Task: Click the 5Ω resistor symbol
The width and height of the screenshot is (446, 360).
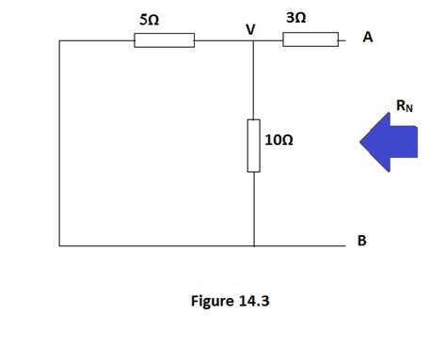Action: click(165, 40)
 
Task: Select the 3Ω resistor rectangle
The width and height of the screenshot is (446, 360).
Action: click(310, 39)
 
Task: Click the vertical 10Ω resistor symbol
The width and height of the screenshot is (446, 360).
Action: click(254, 146)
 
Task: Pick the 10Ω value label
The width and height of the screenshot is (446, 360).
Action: click(280, 140)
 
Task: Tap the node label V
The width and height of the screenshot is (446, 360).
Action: click(250, 29)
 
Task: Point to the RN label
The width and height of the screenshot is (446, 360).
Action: click(405, 106)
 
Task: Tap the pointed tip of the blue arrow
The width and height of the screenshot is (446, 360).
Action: click(359, 141)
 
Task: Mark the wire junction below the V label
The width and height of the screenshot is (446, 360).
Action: click(254, 40)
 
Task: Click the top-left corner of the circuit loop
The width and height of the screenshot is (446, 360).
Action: click(59, 40)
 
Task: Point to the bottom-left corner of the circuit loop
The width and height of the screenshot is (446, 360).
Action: click(59, 245)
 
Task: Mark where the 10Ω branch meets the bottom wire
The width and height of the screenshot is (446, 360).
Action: click(254, 245)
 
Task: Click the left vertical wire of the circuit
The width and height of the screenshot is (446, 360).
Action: click(59, 141)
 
